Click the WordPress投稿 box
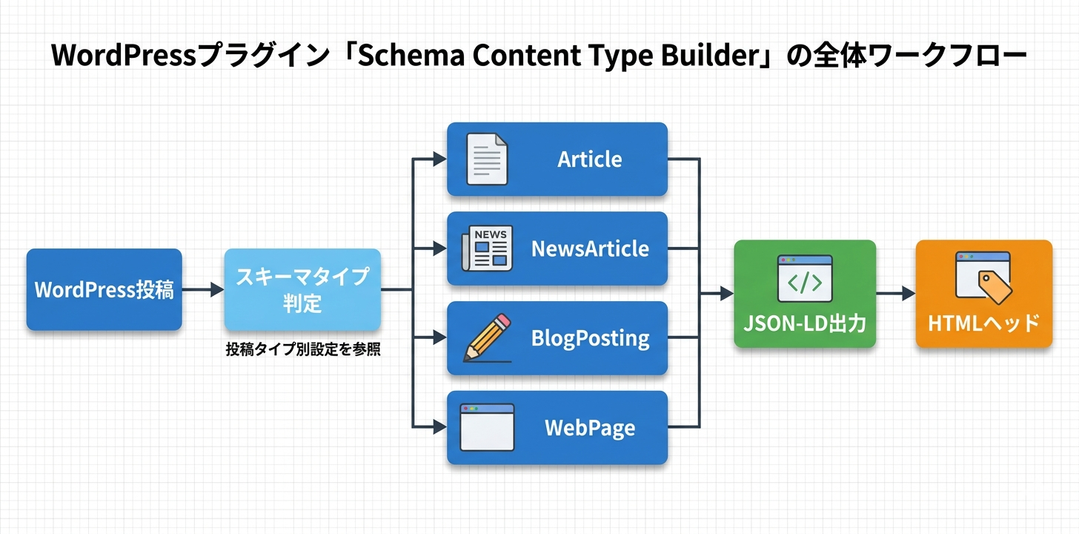tap(104, 289)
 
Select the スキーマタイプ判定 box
tap(302, 289)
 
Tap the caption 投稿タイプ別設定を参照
tap(303, 350)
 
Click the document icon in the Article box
tap(486, 159)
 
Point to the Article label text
tap(589, 159)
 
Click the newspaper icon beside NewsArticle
tap(485, 249)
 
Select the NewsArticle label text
tap(590, 249)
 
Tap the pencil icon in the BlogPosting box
tap(487, 337)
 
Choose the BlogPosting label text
tap(590, 339)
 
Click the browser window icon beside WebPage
tap(486, 427)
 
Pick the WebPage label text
tap(589, 428)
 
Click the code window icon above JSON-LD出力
tap(805, 278)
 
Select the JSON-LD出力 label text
tap(805, 323)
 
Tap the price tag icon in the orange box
tap(995, 286)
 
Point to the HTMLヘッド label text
tap(983, 323)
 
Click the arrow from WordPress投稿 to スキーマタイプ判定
tap(202, 290)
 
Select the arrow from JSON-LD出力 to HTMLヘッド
tap(895, 294)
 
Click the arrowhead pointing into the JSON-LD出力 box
tap(726, 294)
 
